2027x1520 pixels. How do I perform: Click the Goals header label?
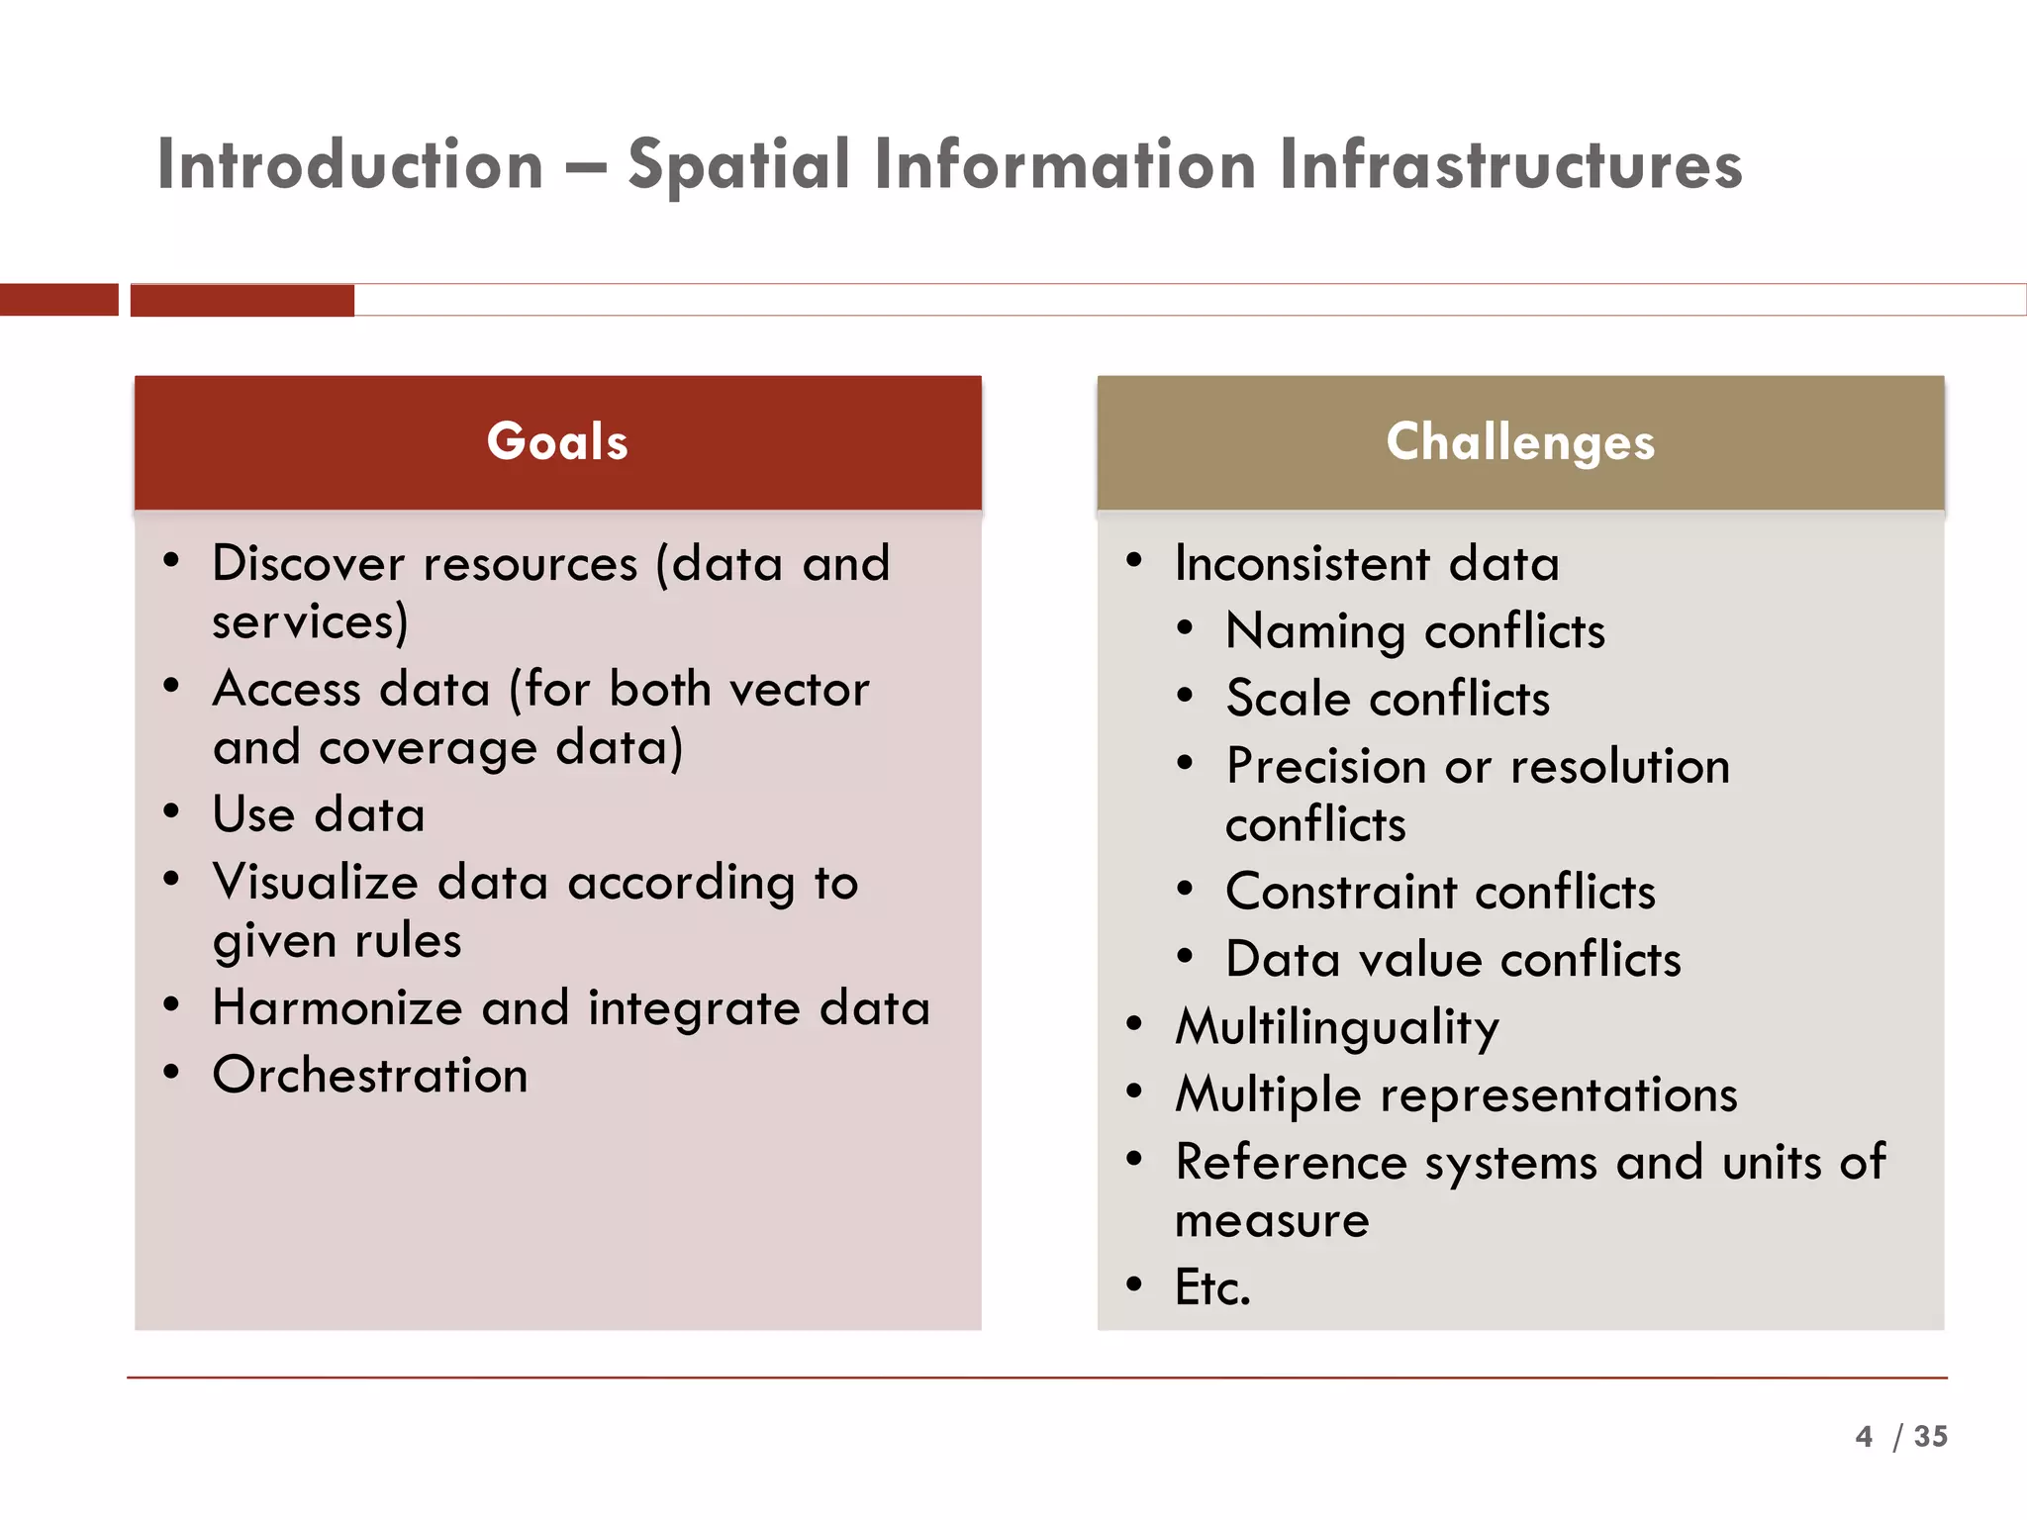point(557,441)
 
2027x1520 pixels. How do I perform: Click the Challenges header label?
point(1520,441)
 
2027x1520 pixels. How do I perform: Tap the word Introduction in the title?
point(350,164)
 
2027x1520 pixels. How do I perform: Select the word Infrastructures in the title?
point(1510,164)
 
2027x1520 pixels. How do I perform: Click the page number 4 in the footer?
point(1864,1436)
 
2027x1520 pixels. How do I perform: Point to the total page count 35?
point(1930,1436)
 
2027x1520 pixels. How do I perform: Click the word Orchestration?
point(370,1075)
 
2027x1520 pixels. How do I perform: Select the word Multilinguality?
point(1336,1027)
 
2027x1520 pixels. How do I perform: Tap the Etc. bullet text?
point(1212,1287)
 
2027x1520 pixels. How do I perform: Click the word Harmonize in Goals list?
point(338,1008)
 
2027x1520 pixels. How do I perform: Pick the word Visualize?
point(316,882)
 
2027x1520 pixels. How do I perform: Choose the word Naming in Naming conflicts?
point(1314,631)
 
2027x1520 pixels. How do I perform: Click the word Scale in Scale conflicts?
point(1288,699)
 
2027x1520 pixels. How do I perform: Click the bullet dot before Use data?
point(171,811)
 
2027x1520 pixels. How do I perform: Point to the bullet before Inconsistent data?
point(1134,560)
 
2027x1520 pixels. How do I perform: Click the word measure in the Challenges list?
point(1272,1220)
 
